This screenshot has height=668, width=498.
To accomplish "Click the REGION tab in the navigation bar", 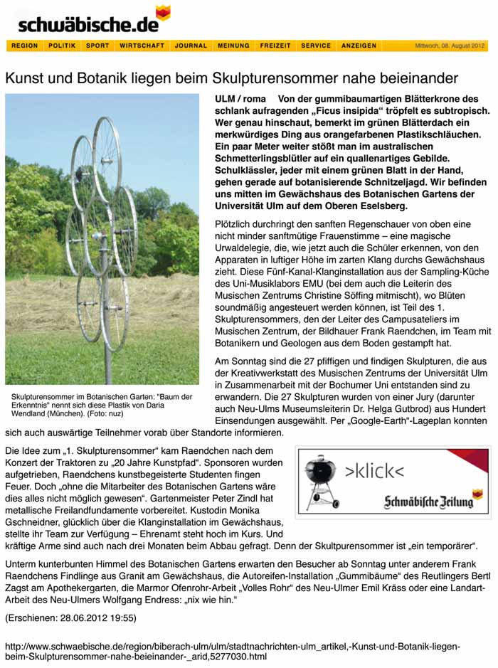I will pyautogui.click(x=25, y=46).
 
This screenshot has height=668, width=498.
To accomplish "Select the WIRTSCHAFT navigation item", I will pyautogui.click(x=142, y=46).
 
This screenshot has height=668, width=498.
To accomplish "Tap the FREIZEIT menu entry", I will pyautogui.click(x=275, y=46).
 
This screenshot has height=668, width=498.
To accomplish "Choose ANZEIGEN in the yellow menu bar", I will pyautogui.click(x=359, y=46).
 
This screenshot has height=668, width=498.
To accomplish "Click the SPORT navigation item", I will pyautogui.click(x=97, y=46).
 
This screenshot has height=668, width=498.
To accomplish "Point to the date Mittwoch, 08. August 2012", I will pyautogui.click(x=450, y=46).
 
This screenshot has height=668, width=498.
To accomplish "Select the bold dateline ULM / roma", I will pyautogui.click(x=240, y=99).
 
